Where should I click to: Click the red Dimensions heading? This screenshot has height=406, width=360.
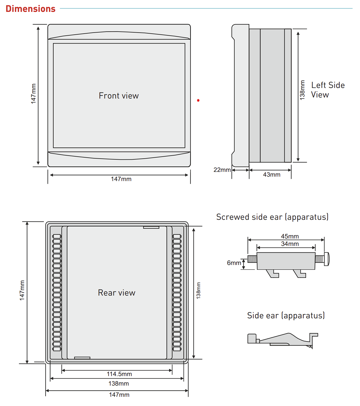(x=31, y=9)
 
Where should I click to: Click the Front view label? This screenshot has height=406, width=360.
(x=119, y=96)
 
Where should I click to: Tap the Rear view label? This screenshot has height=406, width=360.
(x=117, y=293)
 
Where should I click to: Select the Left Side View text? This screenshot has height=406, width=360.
(x=328, y=90)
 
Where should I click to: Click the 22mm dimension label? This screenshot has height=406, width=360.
(x=222, y=170)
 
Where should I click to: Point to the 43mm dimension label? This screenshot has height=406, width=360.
(x=272, y=175)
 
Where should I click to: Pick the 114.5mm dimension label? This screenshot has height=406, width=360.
(x=119, y=374)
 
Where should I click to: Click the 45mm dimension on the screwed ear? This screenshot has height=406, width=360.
(x=290, y=236)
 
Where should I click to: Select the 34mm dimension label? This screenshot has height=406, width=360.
(x=290, y=244)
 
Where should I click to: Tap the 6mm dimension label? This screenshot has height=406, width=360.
(x=234, y=263)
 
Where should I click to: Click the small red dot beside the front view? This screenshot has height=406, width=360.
(x=198, y=101)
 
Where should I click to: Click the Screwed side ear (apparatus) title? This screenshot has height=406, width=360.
(x=272, y=217)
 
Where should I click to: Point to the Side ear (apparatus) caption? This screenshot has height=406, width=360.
(x=286, y=316)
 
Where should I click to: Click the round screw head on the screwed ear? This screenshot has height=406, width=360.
(x=327, y=259)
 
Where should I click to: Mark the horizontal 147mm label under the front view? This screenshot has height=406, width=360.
(x=121, y=179)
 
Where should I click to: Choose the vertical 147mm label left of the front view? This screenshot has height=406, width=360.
(x=34, y=94)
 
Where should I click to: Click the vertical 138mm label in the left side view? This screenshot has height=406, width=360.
(x=302, y=90)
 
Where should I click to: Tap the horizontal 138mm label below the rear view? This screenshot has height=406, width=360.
(x=119, y=384)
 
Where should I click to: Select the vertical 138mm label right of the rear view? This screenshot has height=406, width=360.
(x=198, y=290)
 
